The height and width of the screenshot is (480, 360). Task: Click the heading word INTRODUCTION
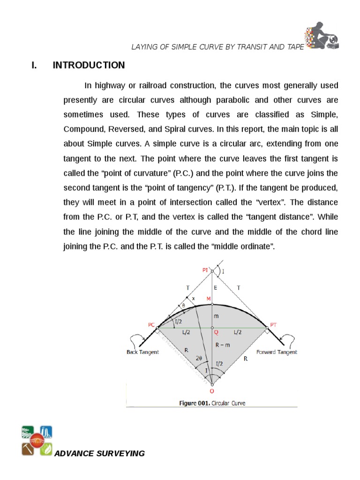tap(89, 65)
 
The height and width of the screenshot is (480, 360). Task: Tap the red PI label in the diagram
tap(205, 270)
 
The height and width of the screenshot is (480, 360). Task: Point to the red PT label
tap(274, 324)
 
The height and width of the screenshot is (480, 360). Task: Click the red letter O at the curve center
tap(211, 390)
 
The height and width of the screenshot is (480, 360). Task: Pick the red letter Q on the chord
tap(216, 332)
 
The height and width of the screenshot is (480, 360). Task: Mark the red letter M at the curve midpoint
tap(209, 299)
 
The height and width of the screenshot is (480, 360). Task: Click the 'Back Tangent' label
tap(142, 352)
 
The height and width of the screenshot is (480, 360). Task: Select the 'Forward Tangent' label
tap(277, 352)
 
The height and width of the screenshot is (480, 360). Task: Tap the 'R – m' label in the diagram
tap(224, 345)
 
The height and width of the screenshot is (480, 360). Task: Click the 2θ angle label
tap(199, 358)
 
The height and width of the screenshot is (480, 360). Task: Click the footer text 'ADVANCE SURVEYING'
tap(100, 453)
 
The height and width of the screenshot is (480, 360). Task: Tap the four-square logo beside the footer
tap(37, 441)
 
